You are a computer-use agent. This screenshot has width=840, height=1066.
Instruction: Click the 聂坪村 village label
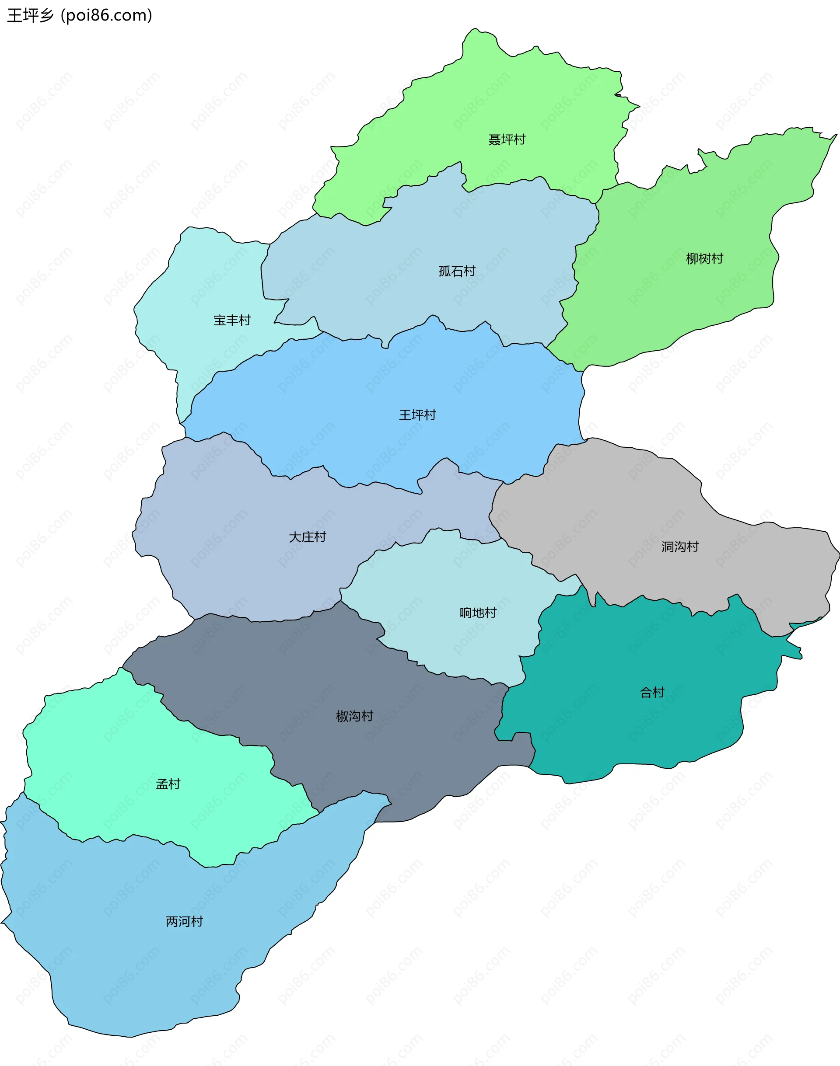coord(507,139)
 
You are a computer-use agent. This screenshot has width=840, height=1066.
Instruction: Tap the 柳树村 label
coord(704,258)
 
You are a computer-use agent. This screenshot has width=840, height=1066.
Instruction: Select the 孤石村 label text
coord(457,271)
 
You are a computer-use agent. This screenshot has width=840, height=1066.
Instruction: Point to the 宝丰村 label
coord(231,320)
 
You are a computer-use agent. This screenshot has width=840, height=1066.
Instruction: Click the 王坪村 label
coord(417,415)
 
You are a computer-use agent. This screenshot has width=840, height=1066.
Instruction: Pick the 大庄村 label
coord(308,536)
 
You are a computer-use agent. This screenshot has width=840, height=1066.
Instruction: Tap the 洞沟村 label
coord(680,547)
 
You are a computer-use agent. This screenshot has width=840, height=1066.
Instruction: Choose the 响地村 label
coord(478,613)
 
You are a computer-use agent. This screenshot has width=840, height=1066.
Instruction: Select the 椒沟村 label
coord(354,716)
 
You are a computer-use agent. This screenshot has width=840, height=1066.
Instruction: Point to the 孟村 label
coord(168,784)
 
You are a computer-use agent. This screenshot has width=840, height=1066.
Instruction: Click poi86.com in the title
coord(106,16)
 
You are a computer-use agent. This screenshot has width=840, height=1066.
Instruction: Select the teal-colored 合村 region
coord(639,728)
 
